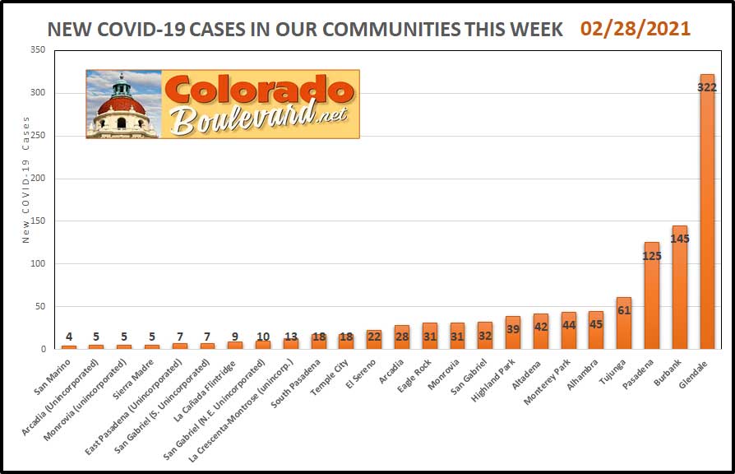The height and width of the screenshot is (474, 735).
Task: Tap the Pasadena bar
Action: pyautogui.click(x=651, y=304)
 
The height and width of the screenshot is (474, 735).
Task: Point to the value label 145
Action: pyautogui.click(x=679, y=239)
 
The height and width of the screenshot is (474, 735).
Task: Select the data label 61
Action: pyautogui.click(x=624, y=310)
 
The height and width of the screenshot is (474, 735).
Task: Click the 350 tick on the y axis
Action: pyautogui.click(x=36, y=50)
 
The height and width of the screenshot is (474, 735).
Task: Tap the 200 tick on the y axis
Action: pyautogui.click(x=36, y=179)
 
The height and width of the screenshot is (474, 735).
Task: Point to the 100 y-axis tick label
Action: pyautogui.click(x=36, y=264)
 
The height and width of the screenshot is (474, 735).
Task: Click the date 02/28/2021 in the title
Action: pyautogui.click(x=636, y=29)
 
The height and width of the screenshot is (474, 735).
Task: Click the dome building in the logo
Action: pyautogui.click(x=121, y=105)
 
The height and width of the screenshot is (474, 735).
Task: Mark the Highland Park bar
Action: pyautogui.click(x=512, y=332)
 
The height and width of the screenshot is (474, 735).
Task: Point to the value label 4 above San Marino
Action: pyautogui.click(x=69, y=336)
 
